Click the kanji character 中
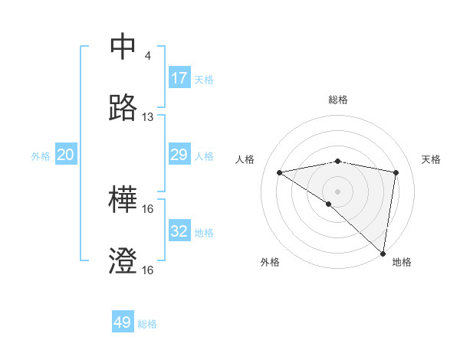coord(123,47)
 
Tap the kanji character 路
coord(123,109)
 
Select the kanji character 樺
coord(123,201)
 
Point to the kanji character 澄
coord(123,263)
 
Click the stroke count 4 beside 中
coord(148,56)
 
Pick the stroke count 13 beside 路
coord(148,117)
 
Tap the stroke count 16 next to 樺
coord(148,209)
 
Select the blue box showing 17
coord(179,78)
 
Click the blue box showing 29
coord(179,155)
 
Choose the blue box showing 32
coord(179,231)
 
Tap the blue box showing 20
coord(66,155)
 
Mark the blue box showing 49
coord(123,322)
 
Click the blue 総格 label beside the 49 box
coord(147,324)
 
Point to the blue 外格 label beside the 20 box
coord(41,156)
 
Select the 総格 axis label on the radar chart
coord(338,100)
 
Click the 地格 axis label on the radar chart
coord(402,262)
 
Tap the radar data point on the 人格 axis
coord(280,172)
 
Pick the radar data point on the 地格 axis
coord(383,253)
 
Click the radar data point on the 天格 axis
coord(396,172)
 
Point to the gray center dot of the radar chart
coord(338,191)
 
